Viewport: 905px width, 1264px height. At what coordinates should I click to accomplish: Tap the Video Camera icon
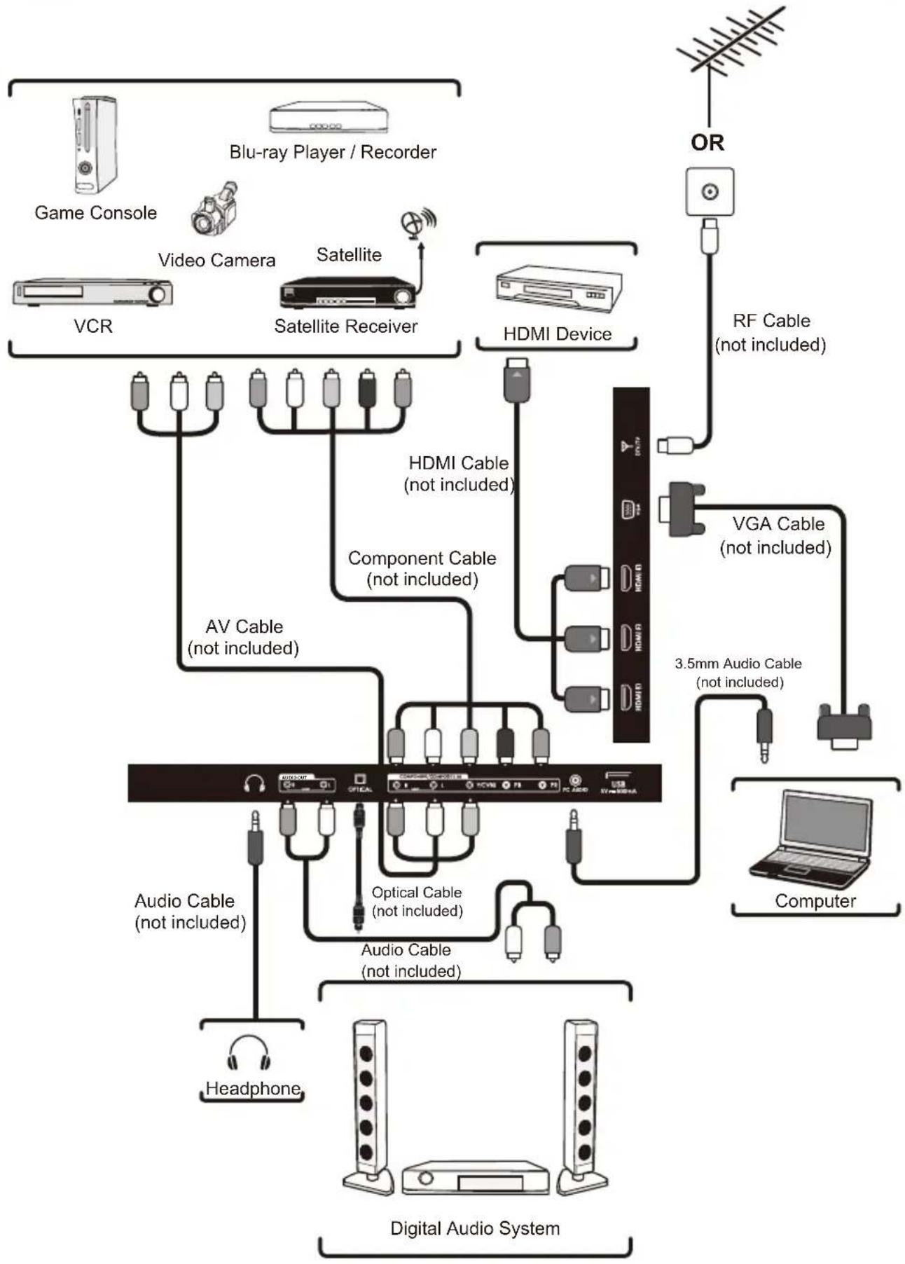214,209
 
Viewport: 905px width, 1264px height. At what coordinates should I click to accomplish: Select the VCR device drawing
92,292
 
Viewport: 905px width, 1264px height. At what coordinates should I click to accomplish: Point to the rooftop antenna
728,42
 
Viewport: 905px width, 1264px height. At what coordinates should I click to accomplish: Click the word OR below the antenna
707,143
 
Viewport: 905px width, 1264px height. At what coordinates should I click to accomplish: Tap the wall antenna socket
710,191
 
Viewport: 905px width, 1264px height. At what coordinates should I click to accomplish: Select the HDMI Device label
557,334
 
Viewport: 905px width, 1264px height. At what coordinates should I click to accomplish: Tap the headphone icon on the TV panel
254,783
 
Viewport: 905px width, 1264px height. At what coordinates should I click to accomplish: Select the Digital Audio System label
474,1228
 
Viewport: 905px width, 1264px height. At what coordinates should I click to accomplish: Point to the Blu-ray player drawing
328,118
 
